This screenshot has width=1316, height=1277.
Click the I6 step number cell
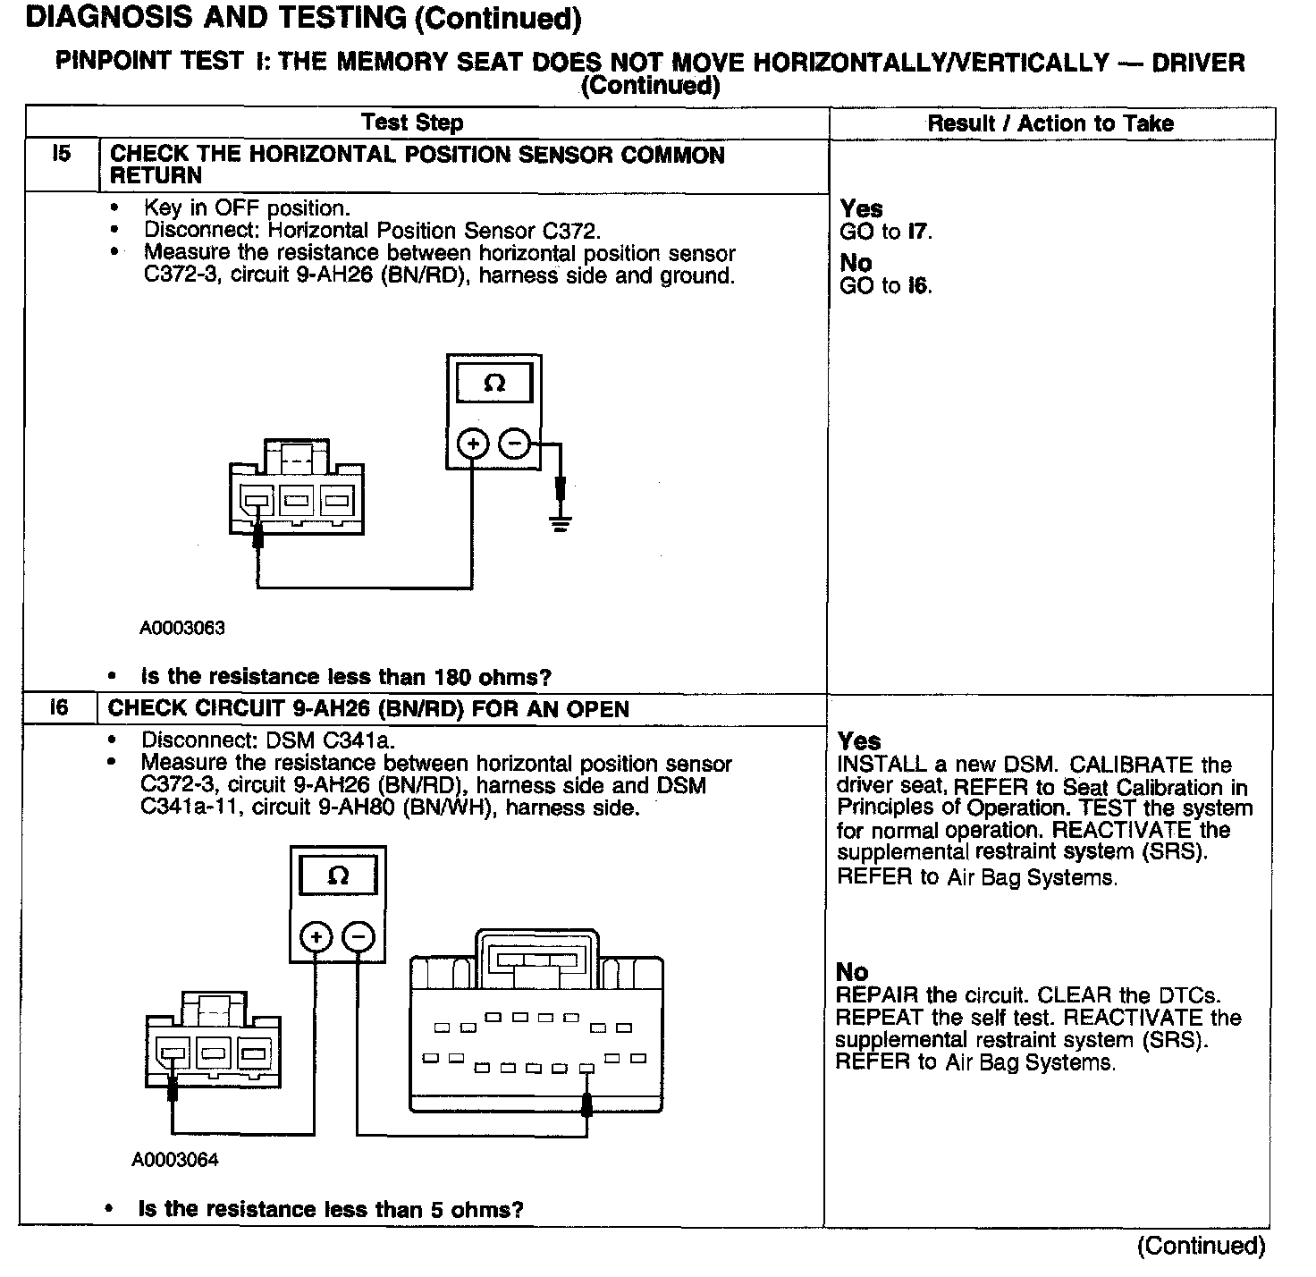pyautogui.click(x=59, y=708)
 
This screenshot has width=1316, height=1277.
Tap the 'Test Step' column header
pyautogui.click(x=412, y=123)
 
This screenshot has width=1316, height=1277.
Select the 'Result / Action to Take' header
pyautogui.click(x=1050, y=123)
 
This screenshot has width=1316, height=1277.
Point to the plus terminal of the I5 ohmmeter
pyautogui.click(x=473, y=443)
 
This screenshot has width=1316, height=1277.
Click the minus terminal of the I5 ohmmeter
pyautogui.click(x=513, y=443)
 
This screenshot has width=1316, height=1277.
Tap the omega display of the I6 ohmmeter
pyautogui.click(x=338, y=875)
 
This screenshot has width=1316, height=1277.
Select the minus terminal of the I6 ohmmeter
pyautogui.click(x=359, y=937)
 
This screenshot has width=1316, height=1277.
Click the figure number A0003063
pyautogui.click(x=182, y=628)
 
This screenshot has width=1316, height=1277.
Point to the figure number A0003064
pyautogui.click(x=175, y=1160)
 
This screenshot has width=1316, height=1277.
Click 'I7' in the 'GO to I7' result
pyautogui.click(x=919, y=233)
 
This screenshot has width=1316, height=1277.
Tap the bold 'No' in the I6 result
pyautogui.click(x=852, y=972)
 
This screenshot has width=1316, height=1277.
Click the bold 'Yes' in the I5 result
pyautogui.click(x=861, y=209)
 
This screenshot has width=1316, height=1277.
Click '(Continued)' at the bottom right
pyautogui.click(x=1201, y=1246)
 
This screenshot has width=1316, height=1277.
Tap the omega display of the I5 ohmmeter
pyautogui.click(x=493, y=384)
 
